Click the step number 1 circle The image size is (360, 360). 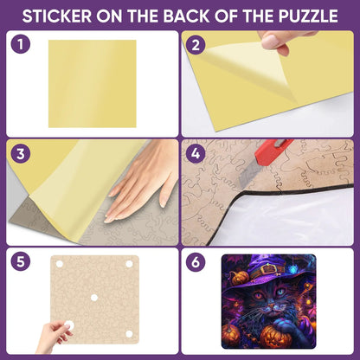click(x=21, y=44)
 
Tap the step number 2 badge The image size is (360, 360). click(x=196, y=45)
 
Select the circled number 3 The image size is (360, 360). click(x=21, y=153)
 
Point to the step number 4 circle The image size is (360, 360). click(x=196, y=154)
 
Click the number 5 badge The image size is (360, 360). click(x=21, y=261)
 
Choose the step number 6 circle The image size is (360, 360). click(x=196, y=262)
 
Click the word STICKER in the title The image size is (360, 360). click(x=57, y=16)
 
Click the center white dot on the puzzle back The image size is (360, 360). click(x=94, y=298)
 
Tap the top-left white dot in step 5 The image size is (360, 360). click(x=60, y=264)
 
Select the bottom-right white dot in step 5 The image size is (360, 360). click(x=129, y=334)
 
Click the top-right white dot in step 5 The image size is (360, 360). click(x=129, y=264)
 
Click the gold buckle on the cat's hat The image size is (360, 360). click(x=270, y=270)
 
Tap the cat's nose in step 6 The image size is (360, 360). click(x=271, y=305)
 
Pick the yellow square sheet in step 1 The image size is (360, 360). click(x=93, y=84)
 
